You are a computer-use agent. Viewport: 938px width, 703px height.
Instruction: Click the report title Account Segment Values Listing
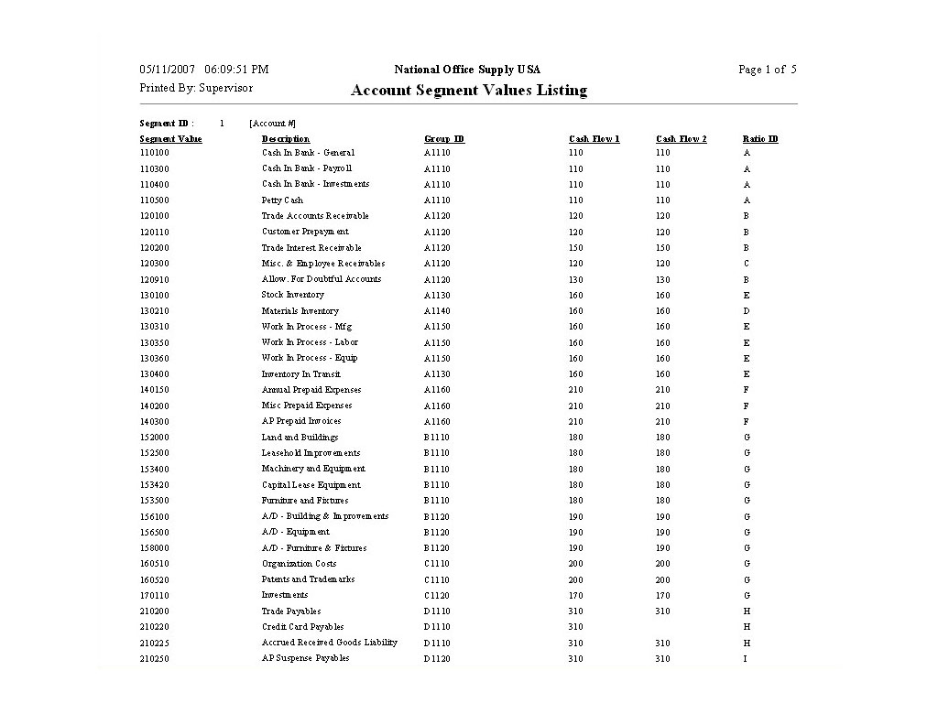468,90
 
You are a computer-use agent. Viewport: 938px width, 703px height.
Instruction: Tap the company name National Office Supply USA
467,70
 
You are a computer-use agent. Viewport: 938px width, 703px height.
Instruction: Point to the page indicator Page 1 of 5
767,70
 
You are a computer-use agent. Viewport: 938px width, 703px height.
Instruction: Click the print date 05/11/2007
168,70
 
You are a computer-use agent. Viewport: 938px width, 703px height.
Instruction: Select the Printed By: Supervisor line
196,88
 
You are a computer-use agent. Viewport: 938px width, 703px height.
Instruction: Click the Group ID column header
444,139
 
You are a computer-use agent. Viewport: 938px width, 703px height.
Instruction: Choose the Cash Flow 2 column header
682,139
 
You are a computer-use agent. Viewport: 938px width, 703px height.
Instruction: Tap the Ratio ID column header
760,139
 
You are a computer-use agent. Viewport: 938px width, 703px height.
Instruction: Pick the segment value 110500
155,200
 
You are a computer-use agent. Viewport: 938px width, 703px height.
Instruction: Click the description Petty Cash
282,200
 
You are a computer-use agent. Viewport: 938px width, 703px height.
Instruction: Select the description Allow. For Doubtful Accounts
322,279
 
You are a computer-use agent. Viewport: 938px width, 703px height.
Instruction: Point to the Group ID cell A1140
437,311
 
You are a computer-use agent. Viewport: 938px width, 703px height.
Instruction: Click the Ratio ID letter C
747,264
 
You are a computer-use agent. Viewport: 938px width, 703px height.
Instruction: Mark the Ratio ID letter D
747,311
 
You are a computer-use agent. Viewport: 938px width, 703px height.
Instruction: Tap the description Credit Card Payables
303,627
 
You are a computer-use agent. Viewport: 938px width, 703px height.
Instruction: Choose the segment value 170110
155,596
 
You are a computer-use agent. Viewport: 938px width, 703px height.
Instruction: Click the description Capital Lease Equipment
311,485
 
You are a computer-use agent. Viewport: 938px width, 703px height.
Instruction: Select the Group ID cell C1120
437,596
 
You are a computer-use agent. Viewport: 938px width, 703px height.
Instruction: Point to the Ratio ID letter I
747,659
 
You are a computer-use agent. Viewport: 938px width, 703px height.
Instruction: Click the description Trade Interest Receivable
311,248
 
